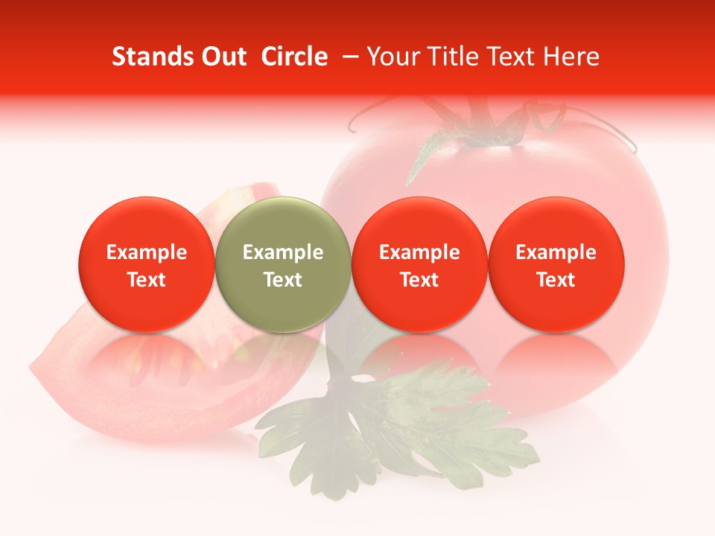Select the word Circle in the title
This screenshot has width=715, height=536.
294,57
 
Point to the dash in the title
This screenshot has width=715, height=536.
347,57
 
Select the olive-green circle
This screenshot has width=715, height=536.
283,265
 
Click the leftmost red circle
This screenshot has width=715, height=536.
146,265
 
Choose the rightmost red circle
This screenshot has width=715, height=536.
556,265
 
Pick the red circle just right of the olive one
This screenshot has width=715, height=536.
419,265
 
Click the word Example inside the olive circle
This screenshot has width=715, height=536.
283,252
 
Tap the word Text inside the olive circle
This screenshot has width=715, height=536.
283,280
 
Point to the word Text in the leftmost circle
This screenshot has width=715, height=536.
146,280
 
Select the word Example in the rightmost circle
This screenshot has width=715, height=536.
556,252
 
